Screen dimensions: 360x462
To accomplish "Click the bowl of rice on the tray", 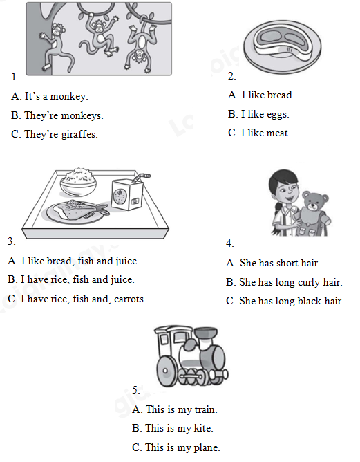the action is (78, 182).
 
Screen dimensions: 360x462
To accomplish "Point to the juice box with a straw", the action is (128, 193).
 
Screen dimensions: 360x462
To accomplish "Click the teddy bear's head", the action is (314, 201).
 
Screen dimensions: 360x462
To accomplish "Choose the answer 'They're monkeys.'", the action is (57, 115).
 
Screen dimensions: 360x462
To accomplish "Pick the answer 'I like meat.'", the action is (259, 133).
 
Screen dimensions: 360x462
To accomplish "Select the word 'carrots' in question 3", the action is (130, 299).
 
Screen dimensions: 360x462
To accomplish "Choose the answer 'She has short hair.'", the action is (273, 263).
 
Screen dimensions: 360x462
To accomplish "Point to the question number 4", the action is (230, 243).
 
